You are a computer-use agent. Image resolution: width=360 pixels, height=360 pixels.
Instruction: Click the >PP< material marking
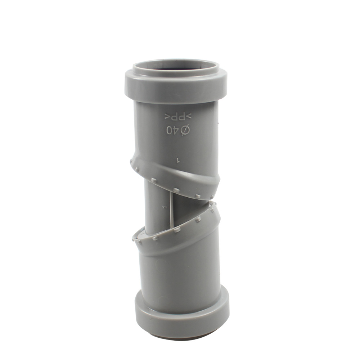click(x=178, y=117)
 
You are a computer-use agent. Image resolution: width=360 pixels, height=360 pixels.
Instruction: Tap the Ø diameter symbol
click(x=185, y=130)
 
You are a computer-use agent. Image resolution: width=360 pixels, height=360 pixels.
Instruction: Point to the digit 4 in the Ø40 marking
click(x=176, y=130)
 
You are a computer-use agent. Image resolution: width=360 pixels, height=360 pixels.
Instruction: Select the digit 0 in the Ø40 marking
click(x=169, y=130)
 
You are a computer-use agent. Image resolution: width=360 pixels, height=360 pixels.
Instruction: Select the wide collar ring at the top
click(x=176, y=86)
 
